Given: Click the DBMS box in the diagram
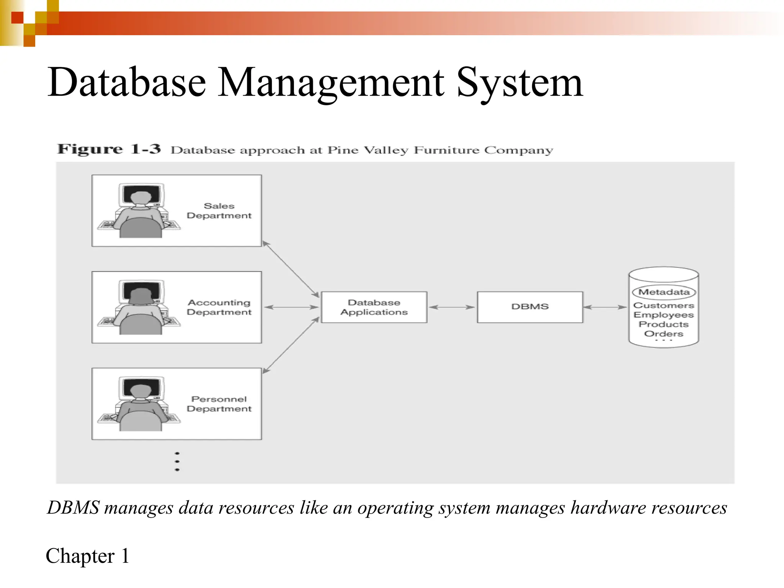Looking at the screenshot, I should coord(530,307).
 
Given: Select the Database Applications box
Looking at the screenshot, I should coord(374,307).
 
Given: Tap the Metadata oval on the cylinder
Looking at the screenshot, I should coord(664,292).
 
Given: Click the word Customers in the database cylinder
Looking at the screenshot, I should coord(664,305).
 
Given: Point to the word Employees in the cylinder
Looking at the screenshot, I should coord(664,315).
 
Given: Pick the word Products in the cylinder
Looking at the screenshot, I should coord(664,324).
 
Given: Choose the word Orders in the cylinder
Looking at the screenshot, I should coord(664,334).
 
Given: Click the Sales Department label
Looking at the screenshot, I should coord(219,211).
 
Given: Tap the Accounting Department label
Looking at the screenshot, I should coord(219,307).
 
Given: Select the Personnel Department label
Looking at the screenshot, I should coord(219,404).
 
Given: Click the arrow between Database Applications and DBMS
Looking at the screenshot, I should coord(452,307).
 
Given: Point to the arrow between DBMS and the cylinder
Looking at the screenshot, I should coord(605,307).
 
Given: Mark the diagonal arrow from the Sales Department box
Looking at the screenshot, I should coord(291,269).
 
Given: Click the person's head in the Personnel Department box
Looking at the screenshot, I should coord(141,391).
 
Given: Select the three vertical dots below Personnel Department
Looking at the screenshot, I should coord(177,461).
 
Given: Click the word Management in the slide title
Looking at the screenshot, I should coord(331,82).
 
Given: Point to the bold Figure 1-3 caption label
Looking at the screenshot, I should coord(109,149).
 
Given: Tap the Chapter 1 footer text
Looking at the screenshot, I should coord(88,556).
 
